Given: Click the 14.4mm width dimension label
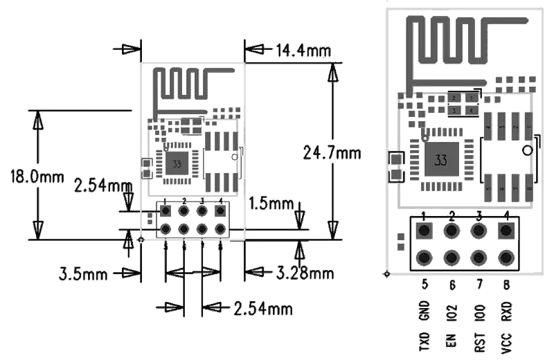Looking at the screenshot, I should click(x=303, y=51).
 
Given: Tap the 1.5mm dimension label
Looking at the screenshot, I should click(x=271, y=204).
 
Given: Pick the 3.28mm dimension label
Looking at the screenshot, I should click(x=305, y=273).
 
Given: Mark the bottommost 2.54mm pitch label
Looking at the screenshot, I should click(x=262, y=308).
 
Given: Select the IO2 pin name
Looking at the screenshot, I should click(x=452, y=312).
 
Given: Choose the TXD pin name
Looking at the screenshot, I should click(x=425, y=342).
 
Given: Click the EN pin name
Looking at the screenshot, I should click(x=452, y=342).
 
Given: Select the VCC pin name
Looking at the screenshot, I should click(x=507, y=342).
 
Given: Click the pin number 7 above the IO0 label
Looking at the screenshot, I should click(x=479, y=284).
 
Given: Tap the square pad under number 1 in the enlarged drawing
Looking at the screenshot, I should click(x=424, y=230).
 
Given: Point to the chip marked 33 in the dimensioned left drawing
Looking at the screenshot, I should click(x=177, y=165).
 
